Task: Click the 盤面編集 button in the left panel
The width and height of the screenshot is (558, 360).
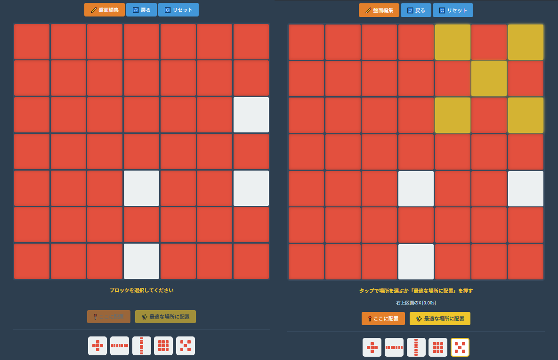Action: click(x=105, y=10)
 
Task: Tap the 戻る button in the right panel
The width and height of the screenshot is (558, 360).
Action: click(x=416, y=10)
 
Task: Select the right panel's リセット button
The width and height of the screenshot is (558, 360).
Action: click(x=453, y=10)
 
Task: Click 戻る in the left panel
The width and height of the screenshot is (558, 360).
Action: click(x=141, y=10)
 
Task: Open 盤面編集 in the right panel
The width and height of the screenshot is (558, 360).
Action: click(x=379, y=10)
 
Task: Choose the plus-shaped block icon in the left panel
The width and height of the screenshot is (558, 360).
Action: click(x=97, y=346)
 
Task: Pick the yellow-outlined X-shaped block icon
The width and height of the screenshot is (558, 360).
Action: click(x=460, y=347)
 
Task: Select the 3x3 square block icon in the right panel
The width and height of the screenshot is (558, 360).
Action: click(x=438, y=347)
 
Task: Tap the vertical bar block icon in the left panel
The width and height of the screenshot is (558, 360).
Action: click(x=142, y=346)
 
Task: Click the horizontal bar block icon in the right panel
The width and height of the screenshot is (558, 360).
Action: click(x=394, y=347)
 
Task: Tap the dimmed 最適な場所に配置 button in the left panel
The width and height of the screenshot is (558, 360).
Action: click(x=165, y=317)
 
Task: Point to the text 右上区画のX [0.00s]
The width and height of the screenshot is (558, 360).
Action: click(x=416, y=303)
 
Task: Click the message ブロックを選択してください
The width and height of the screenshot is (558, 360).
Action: click(x=141, y=290)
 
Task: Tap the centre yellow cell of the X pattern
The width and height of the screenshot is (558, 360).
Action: click(x=489, y=78)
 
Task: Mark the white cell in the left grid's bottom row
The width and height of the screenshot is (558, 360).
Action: click(x=141, y=261)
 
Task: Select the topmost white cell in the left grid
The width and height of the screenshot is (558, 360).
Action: click(x=251, y=115)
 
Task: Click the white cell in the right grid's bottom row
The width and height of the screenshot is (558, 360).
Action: click(x=416, y=262)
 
